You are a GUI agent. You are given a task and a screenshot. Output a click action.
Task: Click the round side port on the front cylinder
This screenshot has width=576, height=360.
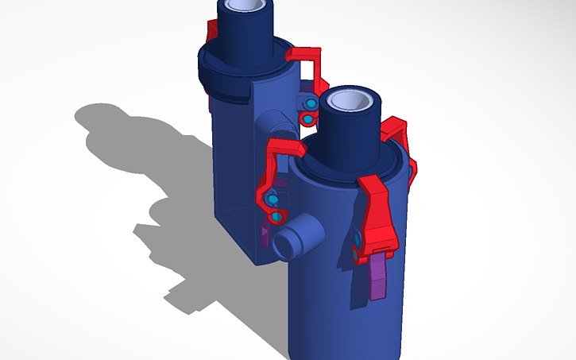[x=296, y=239]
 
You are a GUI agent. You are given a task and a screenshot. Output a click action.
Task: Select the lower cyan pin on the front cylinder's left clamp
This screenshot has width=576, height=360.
[x=276, y=216]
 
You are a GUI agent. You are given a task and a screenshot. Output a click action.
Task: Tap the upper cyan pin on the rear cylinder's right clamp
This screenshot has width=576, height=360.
[x=311, y=103]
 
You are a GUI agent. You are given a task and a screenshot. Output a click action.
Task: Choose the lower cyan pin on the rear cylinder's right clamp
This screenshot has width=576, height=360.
[x=307, y=119]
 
